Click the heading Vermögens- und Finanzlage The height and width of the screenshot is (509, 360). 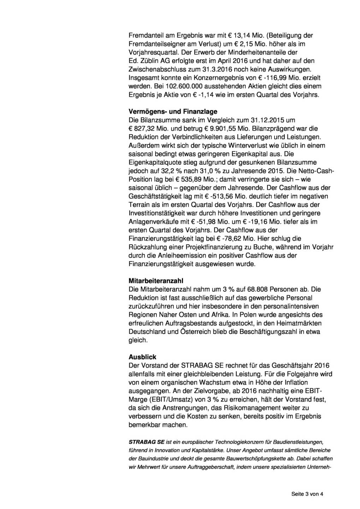pos(173,111)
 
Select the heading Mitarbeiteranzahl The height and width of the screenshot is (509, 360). pos(156,281)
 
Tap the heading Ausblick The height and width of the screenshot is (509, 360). pos(142,357)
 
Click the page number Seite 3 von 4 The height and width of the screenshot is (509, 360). pos(307,494)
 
